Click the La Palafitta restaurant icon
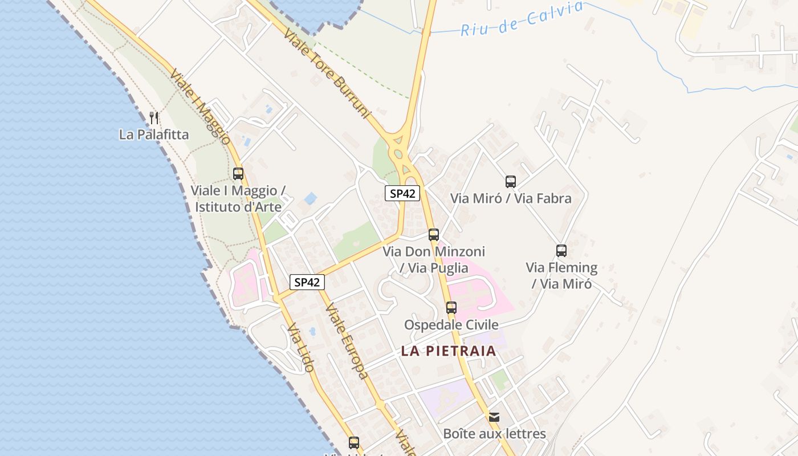[153, 118]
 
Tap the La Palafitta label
[153, 135]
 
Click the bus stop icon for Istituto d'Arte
[238, 174]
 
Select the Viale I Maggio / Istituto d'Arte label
[238, 198]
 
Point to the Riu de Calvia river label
[522, 19]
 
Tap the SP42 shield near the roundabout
[402, 193]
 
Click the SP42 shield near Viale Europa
[307, 282]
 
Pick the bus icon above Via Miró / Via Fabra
[511, 182]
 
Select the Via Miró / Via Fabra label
[511, 198]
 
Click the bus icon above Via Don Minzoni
[434, 235]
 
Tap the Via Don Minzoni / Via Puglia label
[434, 259]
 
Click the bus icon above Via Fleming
[561, 251]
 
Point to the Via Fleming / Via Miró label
[561, 275]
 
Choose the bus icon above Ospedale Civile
[451, 308]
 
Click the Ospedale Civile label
[451, 325]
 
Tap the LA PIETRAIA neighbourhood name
[449, 351]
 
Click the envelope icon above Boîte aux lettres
[494, 417]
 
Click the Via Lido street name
[300, 348]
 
